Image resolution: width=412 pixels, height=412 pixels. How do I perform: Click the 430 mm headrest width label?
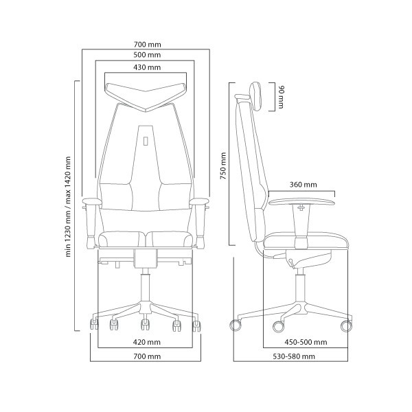click(147, 67)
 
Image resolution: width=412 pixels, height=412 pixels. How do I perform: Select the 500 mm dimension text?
click(147, 55)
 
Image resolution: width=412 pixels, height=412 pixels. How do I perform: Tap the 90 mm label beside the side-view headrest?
click(281, 97)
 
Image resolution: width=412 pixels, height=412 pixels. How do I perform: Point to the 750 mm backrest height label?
click(223, 165)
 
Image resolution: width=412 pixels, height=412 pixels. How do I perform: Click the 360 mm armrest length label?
click(304, 185)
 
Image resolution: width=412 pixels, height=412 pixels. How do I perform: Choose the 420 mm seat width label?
click(147, 342)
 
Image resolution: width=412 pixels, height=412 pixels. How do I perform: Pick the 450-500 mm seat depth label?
click(306, 342)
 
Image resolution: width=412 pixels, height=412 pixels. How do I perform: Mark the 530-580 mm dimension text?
click(294, 356)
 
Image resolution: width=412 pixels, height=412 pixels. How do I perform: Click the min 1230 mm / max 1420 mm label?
click(68, 207)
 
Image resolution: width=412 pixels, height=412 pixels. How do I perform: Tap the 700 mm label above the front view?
click(148, 45)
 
